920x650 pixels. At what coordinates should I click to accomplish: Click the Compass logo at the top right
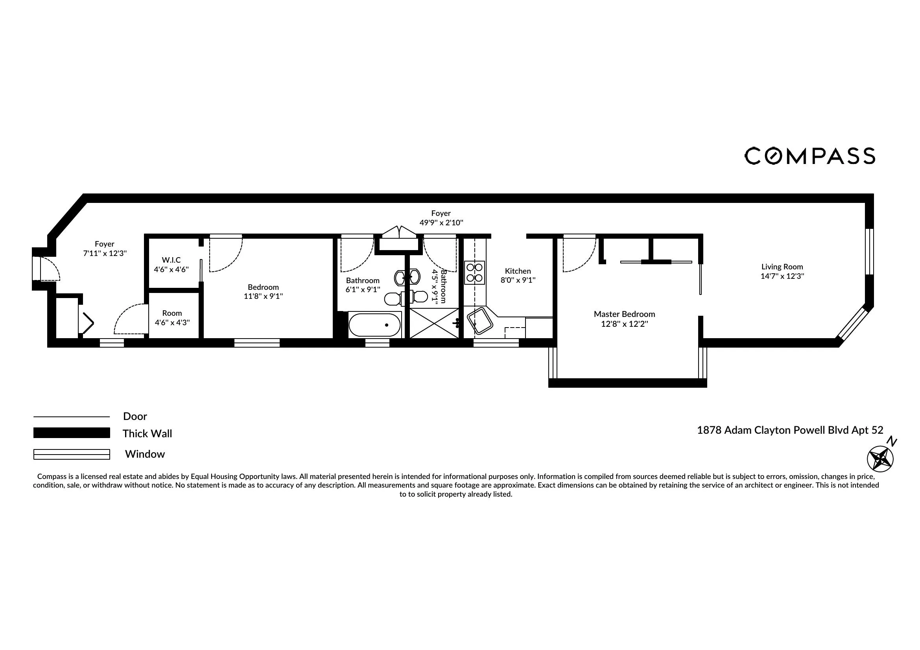pyautogui.click(x=809, y=156)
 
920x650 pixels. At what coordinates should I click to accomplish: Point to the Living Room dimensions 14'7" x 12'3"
pyautogui.click(x=782, y=276)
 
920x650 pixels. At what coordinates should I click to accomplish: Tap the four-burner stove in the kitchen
pyautogui.click(x=474, y=273)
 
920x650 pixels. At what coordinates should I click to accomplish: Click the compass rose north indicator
pyautogui.click(x=880, y=458)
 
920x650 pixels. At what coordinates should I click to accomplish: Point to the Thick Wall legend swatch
pyautogui.click(x=71, y=433)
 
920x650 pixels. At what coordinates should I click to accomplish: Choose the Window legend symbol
pyautogui.click(x=71, y=454)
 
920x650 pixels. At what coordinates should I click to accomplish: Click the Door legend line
pyautogui.click(x=71, y=417)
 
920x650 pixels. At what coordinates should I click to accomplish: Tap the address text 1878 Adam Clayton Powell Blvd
pyautogui.click(x=790, y=430)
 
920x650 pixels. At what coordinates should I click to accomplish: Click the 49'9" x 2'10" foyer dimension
pyautogui.click(x=441, y=223)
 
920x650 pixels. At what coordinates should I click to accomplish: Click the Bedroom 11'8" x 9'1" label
pyautogui.click(x=263, y=292)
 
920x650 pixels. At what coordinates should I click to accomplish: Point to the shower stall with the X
pyautogui.click(x=434, y=323)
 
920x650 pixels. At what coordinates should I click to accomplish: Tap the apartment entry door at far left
pyautogui.click(x=46, y=268)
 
